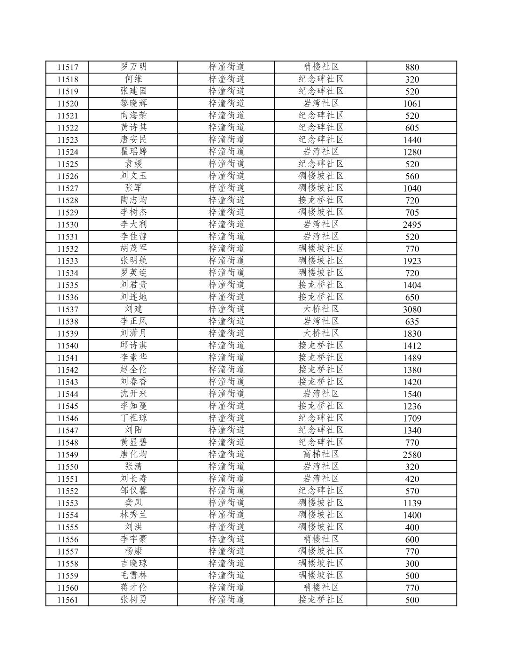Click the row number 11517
tap(67, 67)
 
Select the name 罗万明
tap(133, 67)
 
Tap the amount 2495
tap(412, 224)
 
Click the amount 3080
tap(412, 309)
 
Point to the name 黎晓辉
tap(133, 103)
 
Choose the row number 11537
tap(67, 309)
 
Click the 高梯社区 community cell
tap(321, 455)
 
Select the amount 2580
tap(412, 455)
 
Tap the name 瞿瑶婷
tap(133, 152)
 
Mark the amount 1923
tap(412, 261)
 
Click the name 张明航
tap(133, 261)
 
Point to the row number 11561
tap(67, 600)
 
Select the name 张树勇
tap(133, 600)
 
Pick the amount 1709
tap(412, 418)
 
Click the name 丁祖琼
tap(133, 418)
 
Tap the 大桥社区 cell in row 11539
tap(321, 333)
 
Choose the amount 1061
tap(412, 104)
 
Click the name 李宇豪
tap(133, 539)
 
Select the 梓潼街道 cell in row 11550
tap(226, 467)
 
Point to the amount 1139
tap(412, 503)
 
